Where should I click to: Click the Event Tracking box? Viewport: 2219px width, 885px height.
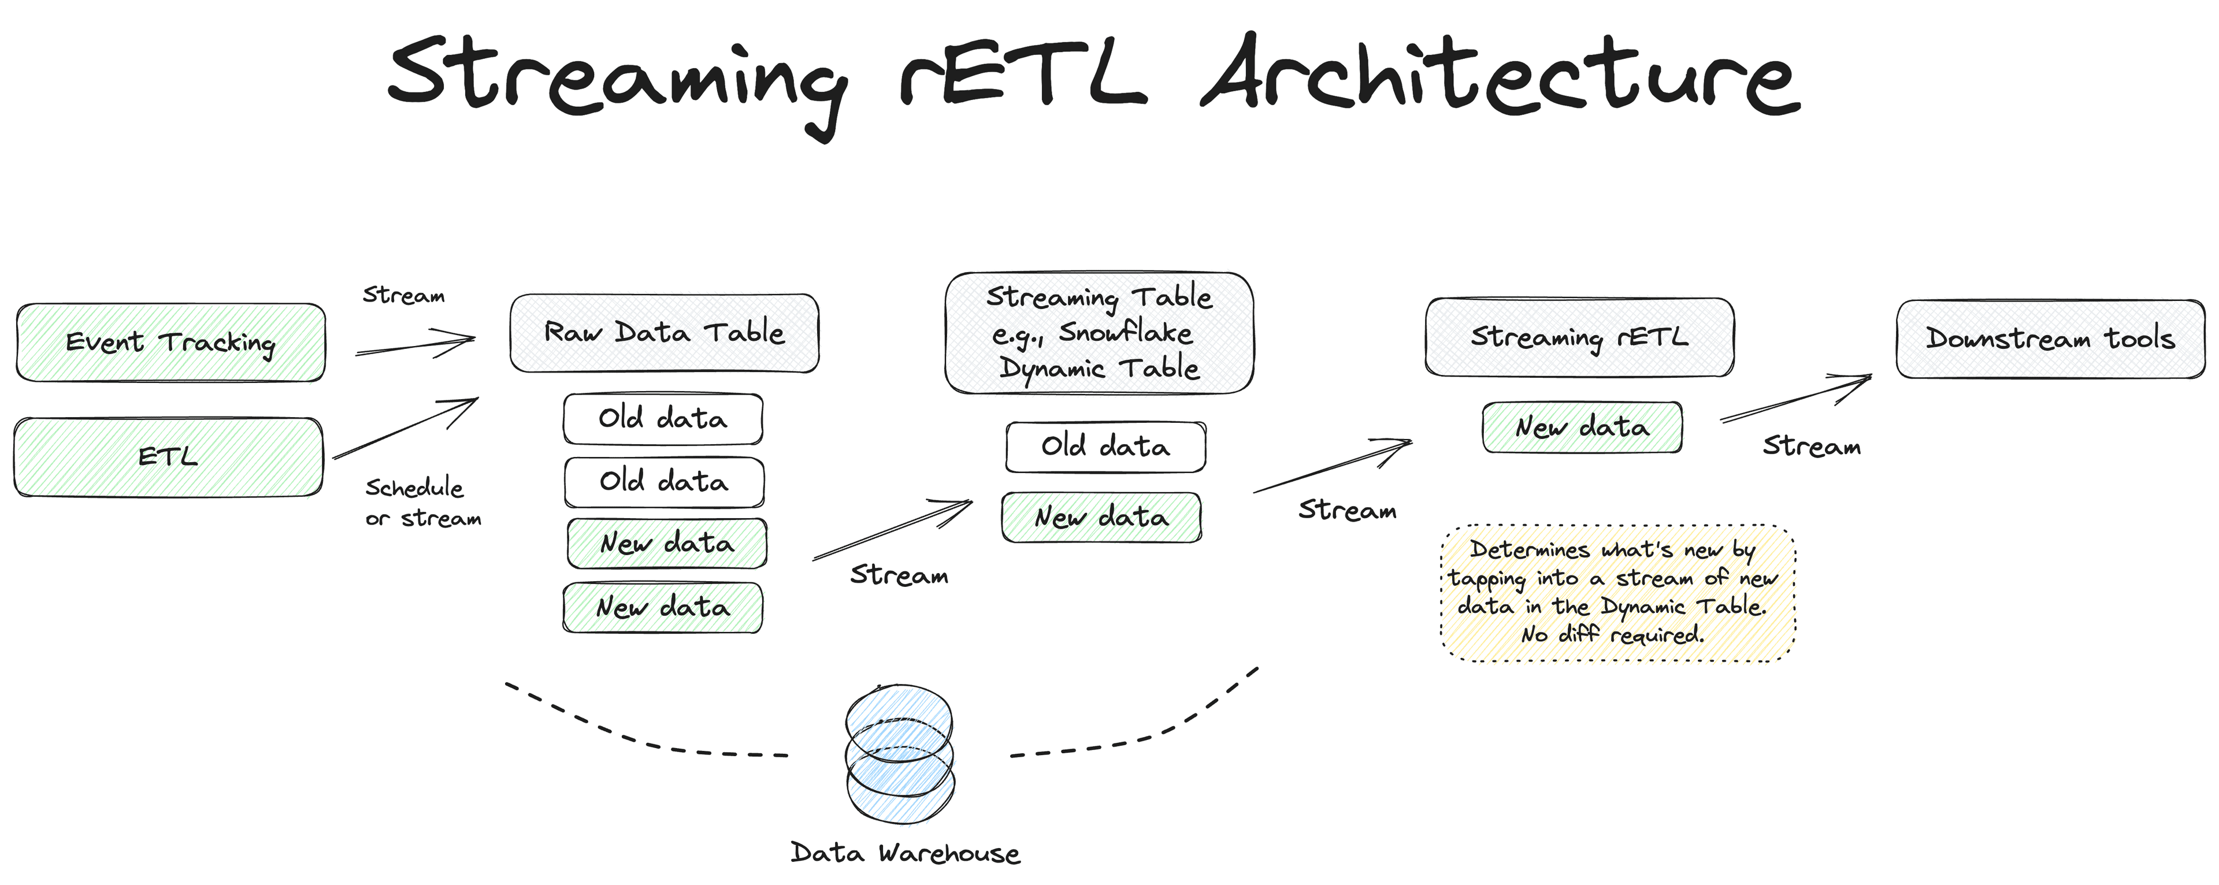(x=170, y=343)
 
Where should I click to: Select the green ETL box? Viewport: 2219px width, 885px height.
(x=169, y=456)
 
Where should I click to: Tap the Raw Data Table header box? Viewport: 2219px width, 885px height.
(x=664, y=333)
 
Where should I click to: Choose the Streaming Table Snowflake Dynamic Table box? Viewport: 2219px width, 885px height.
(x=1099, y=333)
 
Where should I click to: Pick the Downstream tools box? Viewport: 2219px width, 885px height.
(x=2050, y=339)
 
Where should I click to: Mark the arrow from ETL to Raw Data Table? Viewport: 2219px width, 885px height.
(x=406, y=428)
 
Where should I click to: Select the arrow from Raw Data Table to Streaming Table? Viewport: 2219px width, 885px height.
(x=892, y=530)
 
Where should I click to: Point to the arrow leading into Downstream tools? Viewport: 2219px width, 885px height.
(x=1796, y=398)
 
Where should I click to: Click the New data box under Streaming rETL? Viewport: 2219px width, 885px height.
(x=1582, y=427)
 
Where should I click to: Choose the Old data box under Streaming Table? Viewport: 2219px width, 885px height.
(x=1105, y=447)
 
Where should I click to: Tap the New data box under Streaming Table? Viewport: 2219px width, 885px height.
(x=1102, y=518)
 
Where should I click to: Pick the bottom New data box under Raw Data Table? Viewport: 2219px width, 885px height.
(x=662, y=608)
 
